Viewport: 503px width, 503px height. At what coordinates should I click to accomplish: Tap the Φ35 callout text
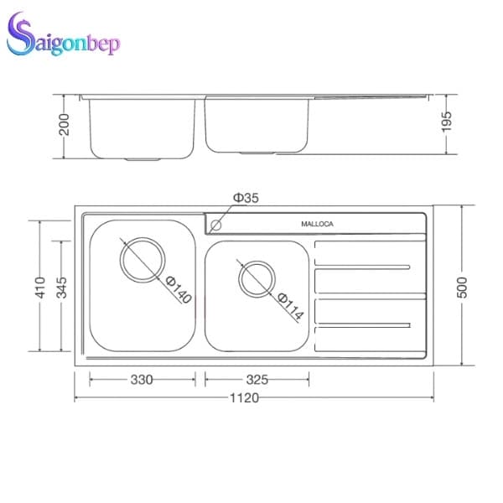(246, 198)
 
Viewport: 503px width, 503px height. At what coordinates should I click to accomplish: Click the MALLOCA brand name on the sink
(318, 225)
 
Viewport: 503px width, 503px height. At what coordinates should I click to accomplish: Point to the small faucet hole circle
(216, 225)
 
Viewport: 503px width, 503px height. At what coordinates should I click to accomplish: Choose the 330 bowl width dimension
(143, 380)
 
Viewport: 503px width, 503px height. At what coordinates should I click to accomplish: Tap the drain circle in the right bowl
(256, 278)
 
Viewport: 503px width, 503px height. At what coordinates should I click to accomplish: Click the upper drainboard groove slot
(362, 268)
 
